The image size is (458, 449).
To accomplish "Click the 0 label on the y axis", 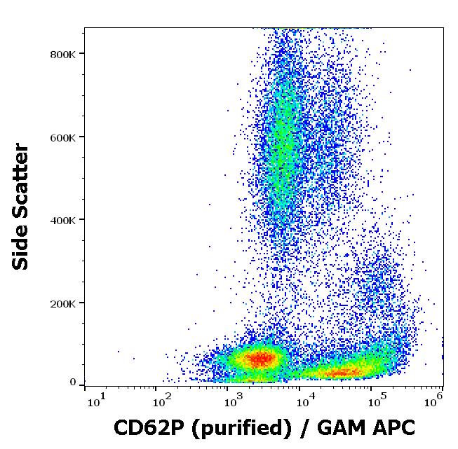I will tap(72, 382).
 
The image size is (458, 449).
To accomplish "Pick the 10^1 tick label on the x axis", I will tap(97, 401).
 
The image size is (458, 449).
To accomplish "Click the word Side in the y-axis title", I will tap(22, 251).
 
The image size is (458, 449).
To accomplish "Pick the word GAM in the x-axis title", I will tap(344, 427).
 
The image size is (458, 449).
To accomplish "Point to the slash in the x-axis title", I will tap(305, 427).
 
